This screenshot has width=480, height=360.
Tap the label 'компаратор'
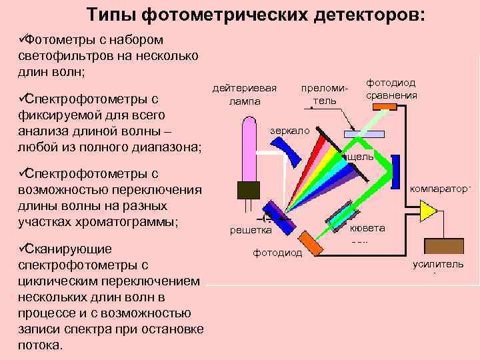click(439, 189)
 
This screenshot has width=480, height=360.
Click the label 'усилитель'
click(437, 264)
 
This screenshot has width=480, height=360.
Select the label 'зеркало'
click(289, 131)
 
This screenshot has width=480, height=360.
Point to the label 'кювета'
click(367, 228)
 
